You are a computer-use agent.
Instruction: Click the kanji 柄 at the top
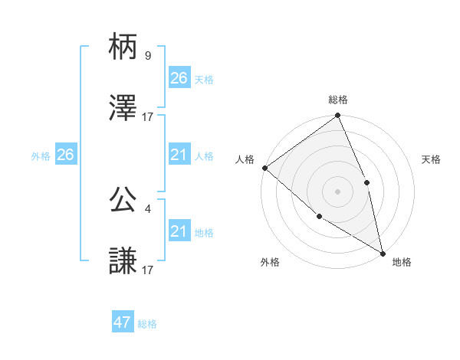point(123,48)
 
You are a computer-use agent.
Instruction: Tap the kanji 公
point(123,200)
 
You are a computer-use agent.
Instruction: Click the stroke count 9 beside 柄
point(147,55)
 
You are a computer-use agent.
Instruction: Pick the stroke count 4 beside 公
point(147,208)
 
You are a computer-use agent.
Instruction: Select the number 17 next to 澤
point(148,117)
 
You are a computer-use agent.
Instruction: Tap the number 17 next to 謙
point(148,270)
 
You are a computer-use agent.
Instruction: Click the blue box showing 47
point(123,322)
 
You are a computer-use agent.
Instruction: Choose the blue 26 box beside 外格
point(65,155)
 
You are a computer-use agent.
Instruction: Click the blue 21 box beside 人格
point(179,155)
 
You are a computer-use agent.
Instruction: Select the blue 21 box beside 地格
point(179,231)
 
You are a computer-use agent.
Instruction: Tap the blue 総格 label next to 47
point(147,324)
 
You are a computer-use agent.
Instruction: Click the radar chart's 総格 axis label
point(338,100)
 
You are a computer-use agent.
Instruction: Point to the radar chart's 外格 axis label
point(270,263)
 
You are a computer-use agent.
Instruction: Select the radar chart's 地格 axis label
point(402,263)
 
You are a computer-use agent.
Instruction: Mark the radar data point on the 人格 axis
point(264,168)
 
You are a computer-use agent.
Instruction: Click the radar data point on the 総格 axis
point(337,116)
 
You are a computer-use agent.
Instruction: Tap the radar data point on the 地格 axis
point(382,252)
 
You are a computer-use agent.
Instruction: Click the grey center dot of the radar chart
point(337,191)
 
